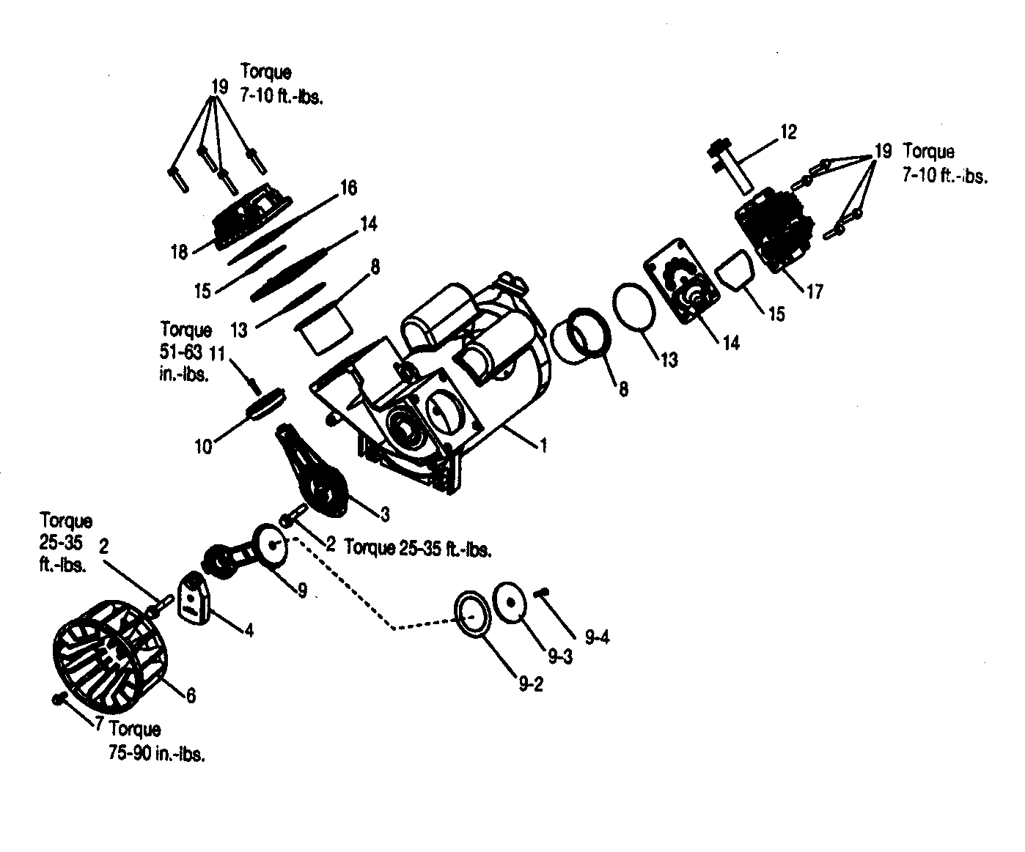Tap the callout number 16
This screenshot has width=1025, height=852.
(348, 188)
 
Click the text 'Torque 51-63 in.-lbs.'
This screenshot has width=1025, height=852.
(185, 352)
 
